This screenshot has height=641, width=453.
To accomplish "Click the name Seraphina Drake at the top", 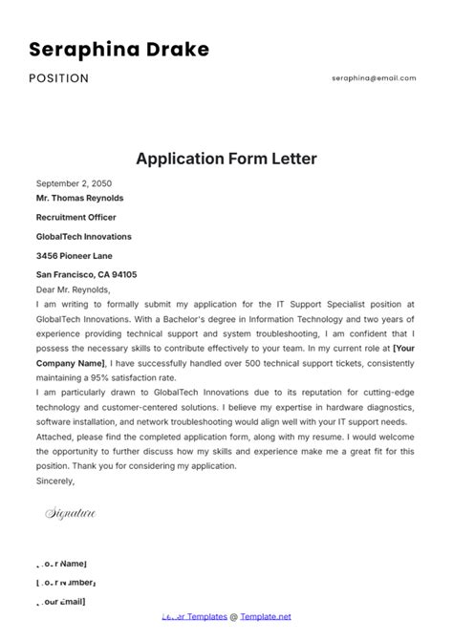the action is [119, 49].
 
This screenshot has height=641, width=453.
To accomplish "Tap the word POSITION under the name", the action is [58, 78].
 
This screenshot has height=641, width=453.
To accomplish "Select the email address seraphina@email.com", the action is [374, 78].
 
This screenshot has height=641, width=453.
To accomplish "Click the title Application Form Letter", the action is [226, 158].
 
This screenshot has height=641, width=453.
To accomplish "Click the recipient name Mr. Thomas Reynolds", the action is [79, 199].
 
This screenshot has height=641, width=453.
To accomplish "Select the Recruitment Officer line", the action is [76, 217].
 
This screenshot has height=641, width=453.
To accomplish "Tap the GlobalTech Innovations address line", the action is [84, 236].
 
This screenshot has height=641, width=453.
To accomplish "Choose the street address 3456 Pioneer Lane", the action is [75, 255].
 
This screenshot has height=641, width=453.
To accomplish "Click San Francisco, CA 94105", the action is [86, 274].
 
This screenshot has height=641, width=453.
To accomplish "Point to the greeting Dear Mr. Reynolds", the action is [74, 289].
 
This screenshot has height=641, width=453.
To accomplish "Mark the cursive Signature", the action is [71, 514].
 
